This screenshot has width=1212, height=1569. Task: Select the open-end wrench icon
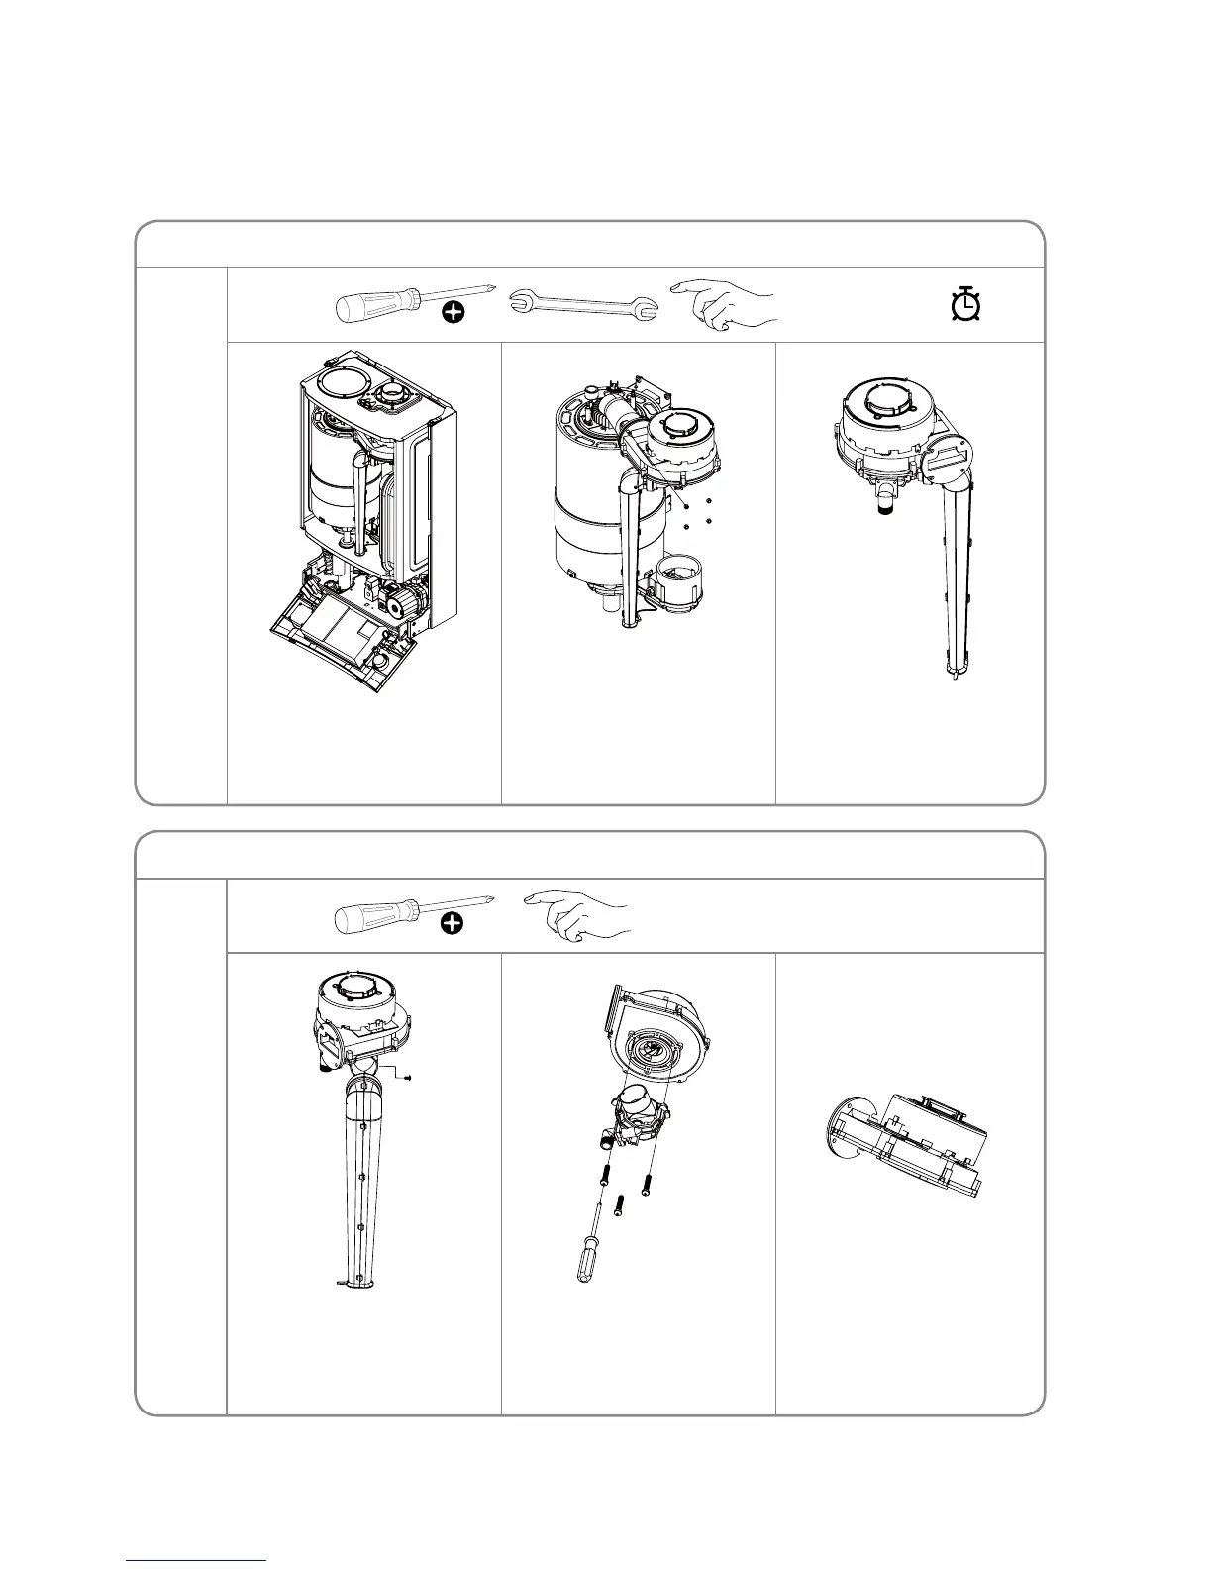click(x=583, y=306)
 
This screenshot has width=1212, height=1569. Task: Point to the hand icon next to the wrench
click(x=724, y=302)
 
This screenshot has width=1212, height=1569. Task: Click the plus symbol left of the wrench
click(x=453, y=314)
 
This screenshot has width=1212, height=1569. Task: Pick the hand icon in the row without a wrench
click(x=579, y=915)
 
